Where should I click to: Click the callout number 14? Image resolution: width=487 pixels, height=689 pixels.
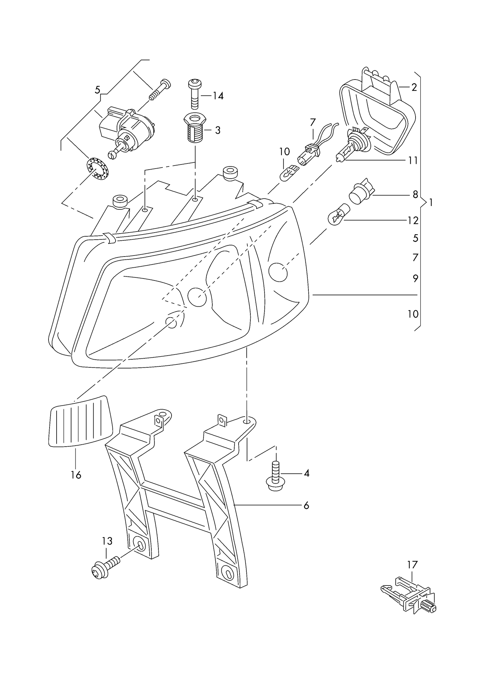(218, 96)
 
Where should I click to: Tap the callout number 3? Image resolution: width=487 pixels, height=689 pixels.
(218, 130)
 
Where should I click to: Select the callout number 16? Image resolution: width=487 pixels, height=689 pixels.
(76, 475)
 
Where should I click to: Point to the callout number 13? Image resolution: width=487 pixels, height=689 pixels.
(107, 541)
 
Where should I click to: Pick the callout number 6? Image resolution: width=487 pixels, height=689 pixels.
(306, 515)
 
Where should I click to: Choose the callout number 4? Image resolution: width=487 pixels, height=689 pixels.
(306, 473)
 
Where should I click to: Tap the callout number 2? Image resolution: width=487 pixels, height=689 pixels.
(414, 87)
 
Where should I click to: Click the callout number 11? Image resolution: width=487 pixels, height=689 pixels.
(413, 160)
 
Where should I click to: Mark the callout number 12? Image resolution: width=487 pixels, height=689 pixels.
(413, 220)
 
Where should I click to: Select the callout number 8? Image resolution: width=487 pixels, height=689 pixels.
(415, 194)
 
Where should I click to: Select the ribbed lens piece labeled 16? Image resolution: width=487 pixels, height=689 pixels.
(81, 422)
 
